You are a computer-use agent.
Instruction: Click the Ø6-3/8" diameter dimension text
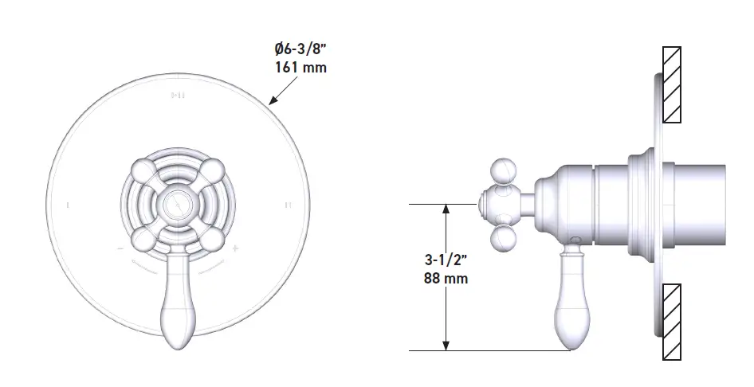point(296,49)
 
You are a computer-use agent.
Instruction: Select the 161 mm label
point(300,68)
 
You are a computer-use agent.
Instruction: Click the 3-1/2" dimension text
point(446,260)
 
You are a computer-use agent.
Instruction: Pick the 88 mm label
point(446,278)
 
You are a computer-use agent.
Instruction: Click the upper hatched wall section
point(672,84)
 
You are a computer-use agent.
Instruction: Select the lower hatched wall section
point(672,322)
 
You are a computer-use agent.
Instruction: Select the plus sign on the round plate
point(237,248)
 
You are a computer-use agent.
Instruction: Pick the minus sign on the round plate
point(119,249)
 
